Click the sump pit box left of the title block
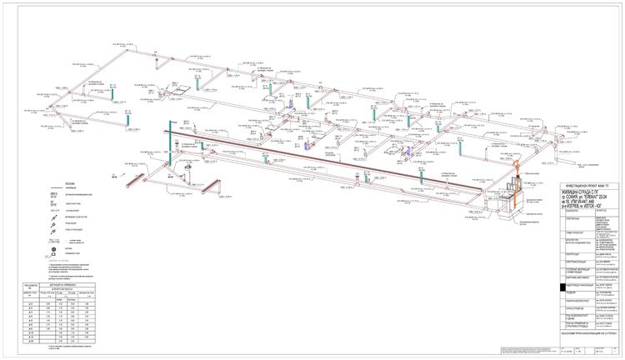[510, 216]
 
